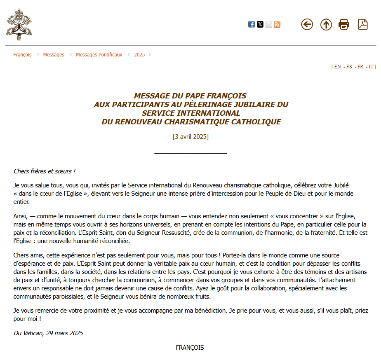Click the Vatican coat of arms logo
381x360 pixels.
click(x=19, y=24)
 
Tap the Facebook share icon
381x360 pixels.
click(x=252, y=24)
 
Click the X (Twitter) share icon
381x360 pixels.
click(x=260, y=24)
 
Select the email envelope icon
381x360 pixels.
click(x=268, y=24)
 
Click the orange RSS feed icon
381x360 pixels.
click(x=277, y=24)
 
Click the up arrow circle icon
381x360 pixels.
click(x=326, y=25)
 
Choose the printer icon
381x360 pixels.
click(x=344, y=24)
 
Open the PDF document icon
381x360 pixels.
click(x=363, y=24)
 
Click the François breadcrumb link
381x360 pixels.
click(x=22, y=55)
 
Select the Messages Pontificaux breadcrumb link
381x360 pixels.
click(x=99, y=55)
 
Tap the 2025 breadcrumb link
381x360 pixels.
click(x=139, y=55)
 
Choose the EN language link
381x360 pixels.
click(x=337, y=67)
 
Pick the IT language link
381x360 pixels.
click(x=372, y=67)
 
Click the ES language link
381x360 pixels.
click(x=349, y=67)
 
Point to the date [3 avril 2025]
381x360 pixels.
click(x=190, y=137)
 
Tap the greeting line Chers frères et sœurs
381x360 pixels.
click(x=45, y=171)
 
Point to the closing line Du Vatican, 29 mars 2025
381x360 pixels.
click(x=48, y=333)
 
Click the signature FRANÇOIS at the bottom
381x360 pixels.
click(x=190, y=347)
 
